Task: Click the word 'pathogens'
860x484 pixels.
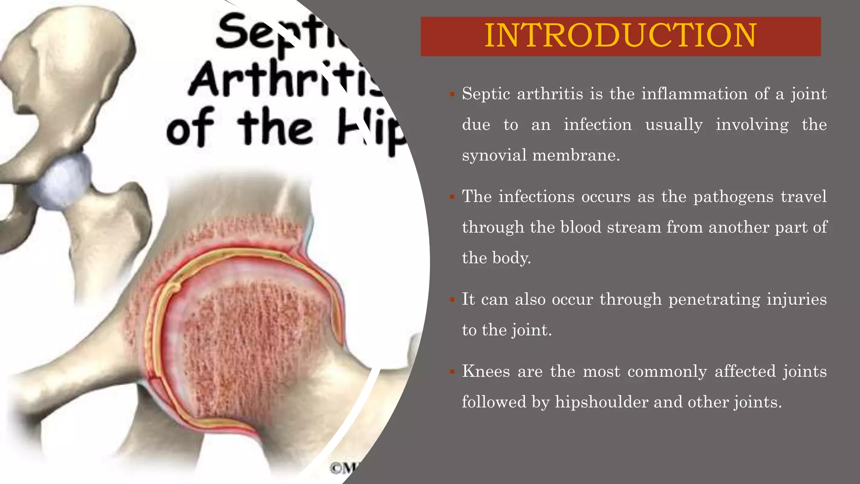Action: [x=733, y=197]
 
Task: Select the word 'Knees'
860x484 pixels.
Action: [x=486, y=371]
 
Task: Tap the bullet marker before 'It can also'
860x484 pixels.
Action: [x=452, y=300]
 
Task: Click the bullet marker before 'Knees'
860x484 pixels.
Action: [x=452, y=372]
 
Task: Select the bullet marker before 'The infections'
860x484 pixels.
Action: [x=452, y=197]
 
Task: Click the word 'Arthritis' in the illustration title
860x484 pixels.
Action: [x=286, y=80]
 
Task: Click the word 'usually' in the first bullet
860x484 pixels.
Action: [x=674, y=125]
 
